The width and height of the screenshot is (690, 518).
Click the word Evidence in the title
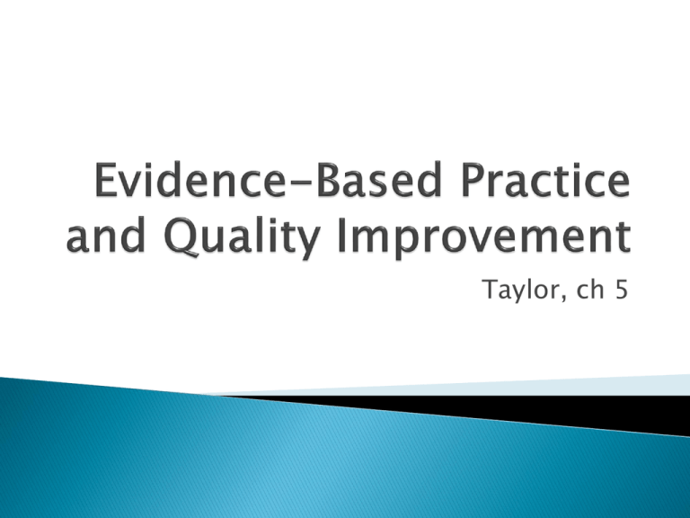point(189,179)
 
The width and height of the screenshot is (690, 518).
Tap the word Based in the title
point(378,179)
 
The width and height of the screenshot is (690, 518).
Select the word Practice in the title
point(545,179)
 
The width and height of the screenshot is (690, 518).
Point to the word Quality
point(241,237)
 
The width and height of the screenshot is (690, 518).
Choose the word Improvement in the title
point(484,237)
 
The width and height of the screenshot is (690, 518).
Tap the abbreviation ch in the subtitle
point(590,290)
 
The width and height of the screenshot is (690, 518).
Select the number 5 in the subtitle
point(622,290)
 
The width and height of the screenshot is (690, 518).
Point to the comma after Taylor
point(562,299)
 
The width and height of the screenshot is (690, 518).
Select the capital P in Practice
point(473,179)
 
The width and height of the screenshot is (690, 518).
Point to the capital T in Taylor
point(491,290)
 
